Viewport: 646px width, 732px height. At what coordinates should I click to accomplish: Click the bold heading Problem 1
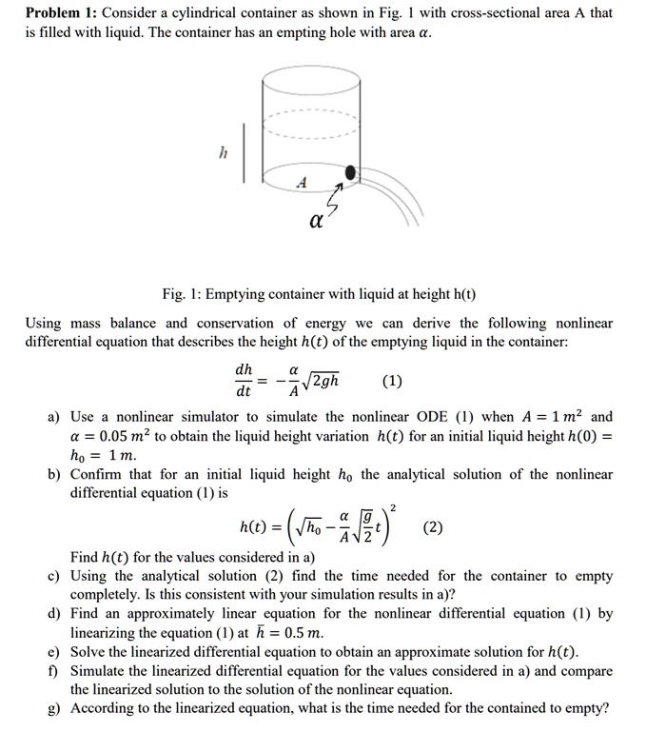[62, 13]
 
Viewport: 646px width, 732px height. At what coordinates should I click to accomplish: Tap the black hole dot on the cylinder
[351, 172]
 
